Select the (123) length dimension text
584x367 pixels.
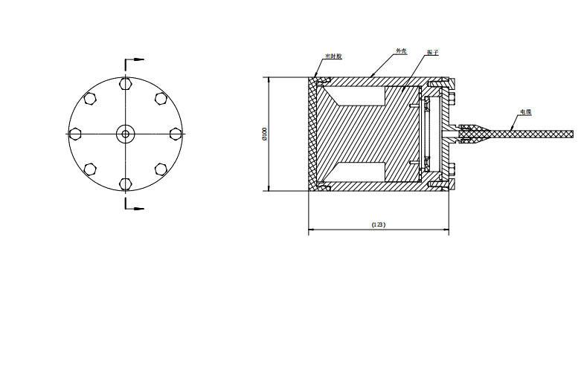[378, 224]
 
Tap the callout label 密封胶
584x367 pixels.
[333, 56]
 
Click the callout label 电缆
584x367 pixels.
[525, 112]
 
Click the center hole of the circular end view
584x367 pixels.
[125, 134]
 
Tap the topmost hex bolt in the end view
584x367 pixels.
[125, 82]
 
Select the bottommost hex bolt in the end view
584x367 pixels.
[125, 183]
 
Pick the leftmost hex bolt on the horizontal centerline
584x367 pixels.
[74, 134]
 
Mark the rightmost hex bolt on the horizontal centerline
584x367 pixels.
[176, 134]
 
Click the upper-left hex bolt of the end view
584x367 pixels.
[90, 98]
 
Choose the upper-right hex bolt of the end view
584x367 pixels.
[160, 98]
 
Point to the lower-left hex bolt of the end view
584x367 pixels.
[90, 169]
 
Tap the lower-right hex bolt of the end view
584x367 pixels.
[160, 169]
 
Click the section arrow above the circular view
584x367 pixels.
[135, 59]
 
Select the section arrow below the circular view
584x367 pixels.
[135, 208]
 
